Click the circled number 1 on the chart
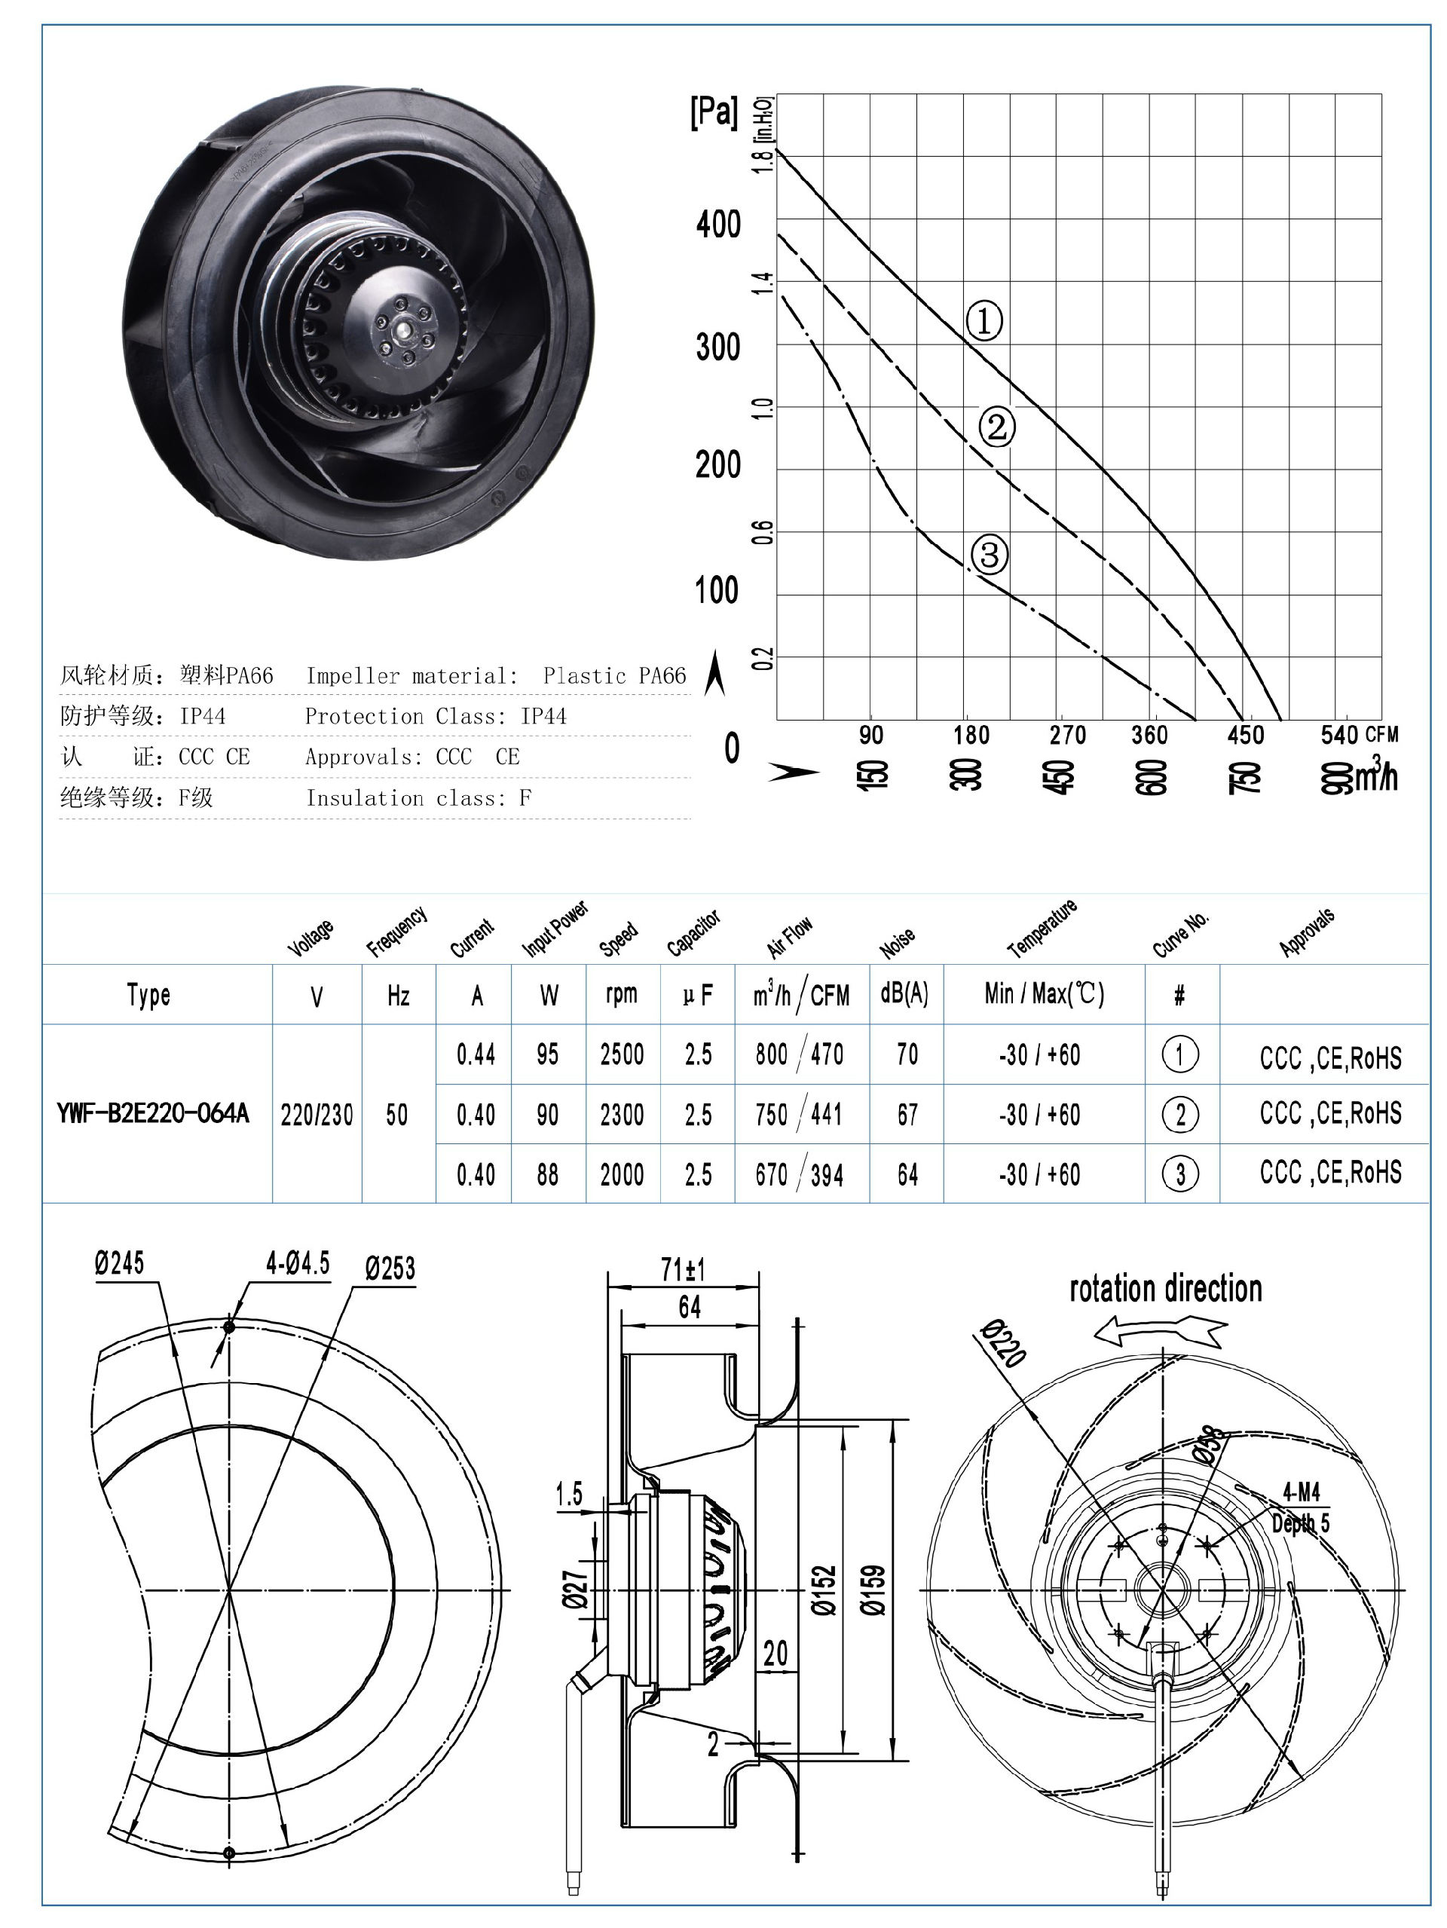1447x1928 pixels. [x=984, y=322]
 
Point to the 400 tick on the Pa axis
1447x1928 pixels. [x=718, y=225]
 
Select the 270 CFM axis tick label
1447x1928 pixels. [x=1067, y=736]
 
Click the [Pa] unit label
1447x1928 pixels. [x=713, y=112]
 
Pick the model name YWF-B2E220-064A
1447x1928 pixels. [x=152, y=1113]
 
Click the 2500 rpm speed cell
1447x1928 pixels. [x=622, y=1054]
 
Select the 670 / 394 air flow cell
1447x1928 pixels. [x=800, y=1175]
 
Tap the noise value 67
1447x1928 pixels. [x=907, y=1115]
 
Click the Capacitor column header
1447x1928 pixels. [x=693, y=932]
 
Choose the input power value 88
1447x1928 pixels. [x=547, y=1175]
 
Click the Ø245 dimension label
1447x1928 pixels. [x=119, y=1263]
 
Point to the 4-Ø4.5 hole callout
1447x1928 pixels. [x=297, y=1263]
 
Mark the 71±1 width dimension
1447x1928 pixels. [x=683, y=1270]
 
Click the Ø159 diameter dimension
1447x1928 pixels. [x=873, y=1590]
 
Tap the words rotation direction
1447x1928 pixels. [x=1165, y=1289]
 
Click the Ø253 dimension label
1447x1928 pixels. [x=390, y=1269]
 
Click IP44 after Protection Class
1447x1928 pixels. [x=543, y=717]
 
